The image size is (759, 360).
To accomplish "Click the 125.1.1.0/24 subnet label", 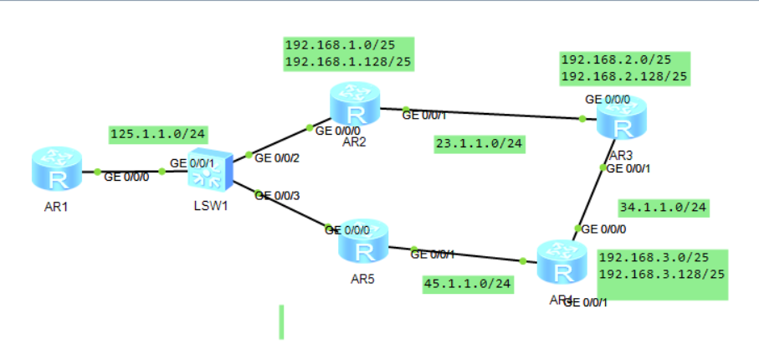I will pos(159,134).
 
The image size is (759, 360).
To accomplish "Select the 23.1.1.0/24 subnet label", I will pos(480,144).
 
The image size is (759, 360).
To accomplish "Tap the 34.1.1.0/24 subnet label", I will pos(664,207).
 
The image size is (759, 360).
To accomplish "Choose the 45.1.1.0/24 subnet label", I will pos(468,284).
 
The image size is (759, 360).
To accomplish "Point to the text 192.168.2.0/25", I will pos(616,60).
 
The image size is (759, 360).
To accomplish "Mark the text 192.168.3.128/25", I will pos(662,274).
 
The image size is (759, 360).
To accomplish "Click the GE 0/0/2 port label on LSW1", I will pos(277,157).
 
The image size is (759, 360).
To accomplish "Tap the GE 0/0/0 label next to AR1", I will pos(127,177).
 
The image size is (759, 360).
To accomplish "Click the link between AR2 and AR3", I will pos(494,114).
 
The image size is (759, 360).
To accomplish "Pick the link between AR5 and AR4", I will pos(469,254).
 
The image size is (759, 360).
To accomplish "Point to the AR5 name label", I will pos(363,279).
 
